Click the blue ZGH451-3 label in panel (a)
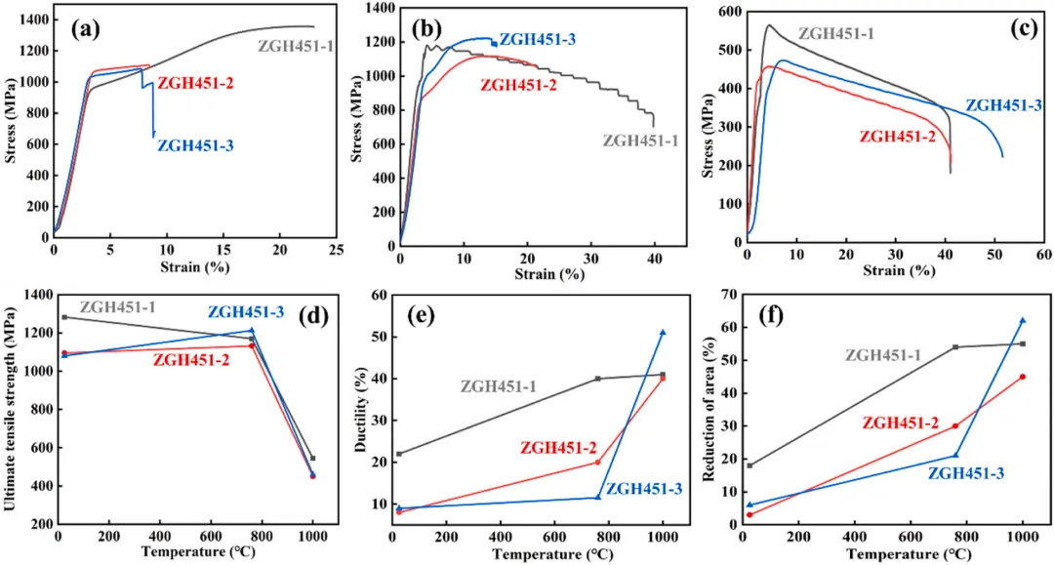[195, 145]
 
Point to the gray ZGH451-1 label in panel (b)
[640, 141]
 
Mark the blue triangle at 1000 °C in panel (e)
[663, 333]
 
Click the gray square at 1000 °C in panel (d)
[313, 458]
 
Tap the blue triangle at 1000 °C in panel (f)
[1023, 320]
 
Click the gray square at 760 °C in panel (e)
[598, 379]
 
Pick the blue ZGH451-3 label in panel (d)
[245, 312]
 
